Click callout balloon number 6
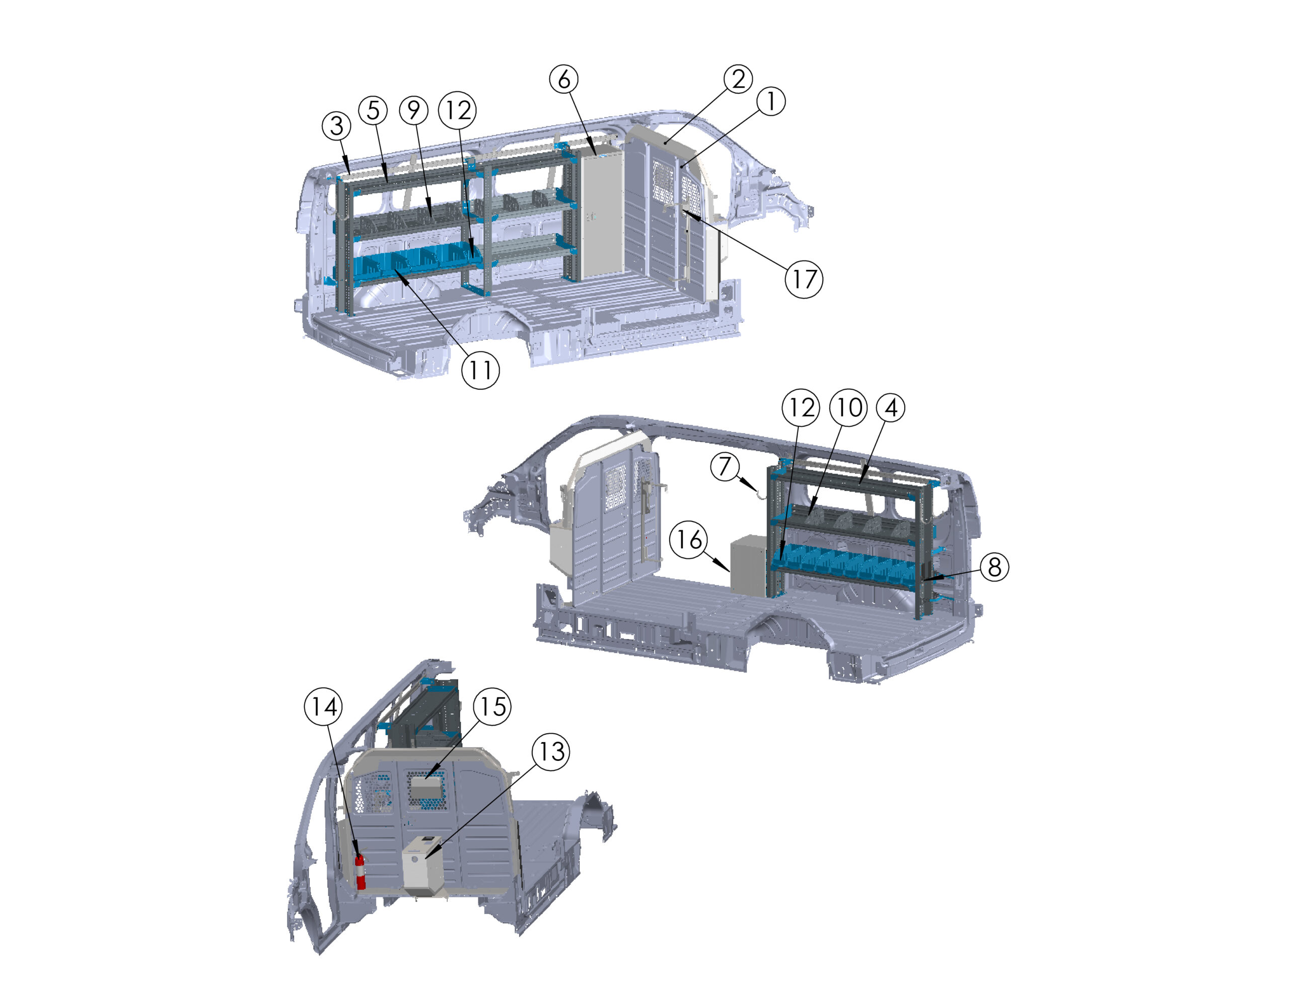(x=563, y=79)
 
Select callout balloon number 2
(x=738, y=79)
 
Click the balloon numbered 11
(x=480, y=370)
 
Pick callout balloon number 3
(x=336, y=125)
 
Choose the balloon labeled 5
(x=373, y=110)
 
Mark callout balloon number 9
(x=414, y=110)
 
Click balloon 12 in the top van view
(x=457, y=110)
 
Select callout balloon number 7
(x=725, y=466)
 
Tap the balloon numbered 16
(x=689, y=539)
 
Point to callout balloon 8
(x=994, y=567)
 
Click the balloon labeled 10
(x=848, y=407)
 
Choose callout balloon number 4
(x=891, y=407)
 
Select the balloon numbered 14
(x=323, y=706)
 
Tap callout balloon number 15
(x=493, y=706)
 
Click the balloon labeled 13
(x=551, y=752)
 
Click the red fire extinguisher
(x=360, y=872)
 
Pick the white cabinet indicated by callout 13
(x=422, y=866)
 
